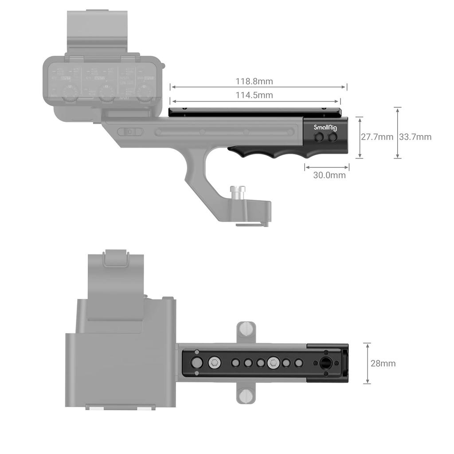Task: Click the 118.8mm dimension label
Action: point(254,81)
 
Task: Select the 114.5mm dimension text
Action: point(254,95)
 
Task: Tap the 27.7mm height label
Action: point(377,137)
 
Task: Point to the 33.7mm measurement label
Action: point(415,137)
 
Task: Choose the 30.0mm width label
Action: point(329,175)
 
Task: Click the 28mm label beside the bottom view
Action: point(383,364)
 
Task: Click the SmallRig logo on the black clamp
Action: point(325,128)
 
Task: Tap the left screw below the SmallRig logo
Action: point(319,138)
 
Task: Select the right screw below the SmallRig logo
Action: point(333,138)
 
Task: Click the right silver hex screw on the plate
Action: point(273,363)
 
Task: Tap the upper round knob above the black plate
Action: point(246,329)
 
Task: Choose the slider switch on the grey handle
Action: point(130,132)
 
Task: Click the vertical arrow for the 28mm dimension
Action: point(367,364)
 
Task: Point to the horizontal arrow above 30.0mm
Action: point(327,167)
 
